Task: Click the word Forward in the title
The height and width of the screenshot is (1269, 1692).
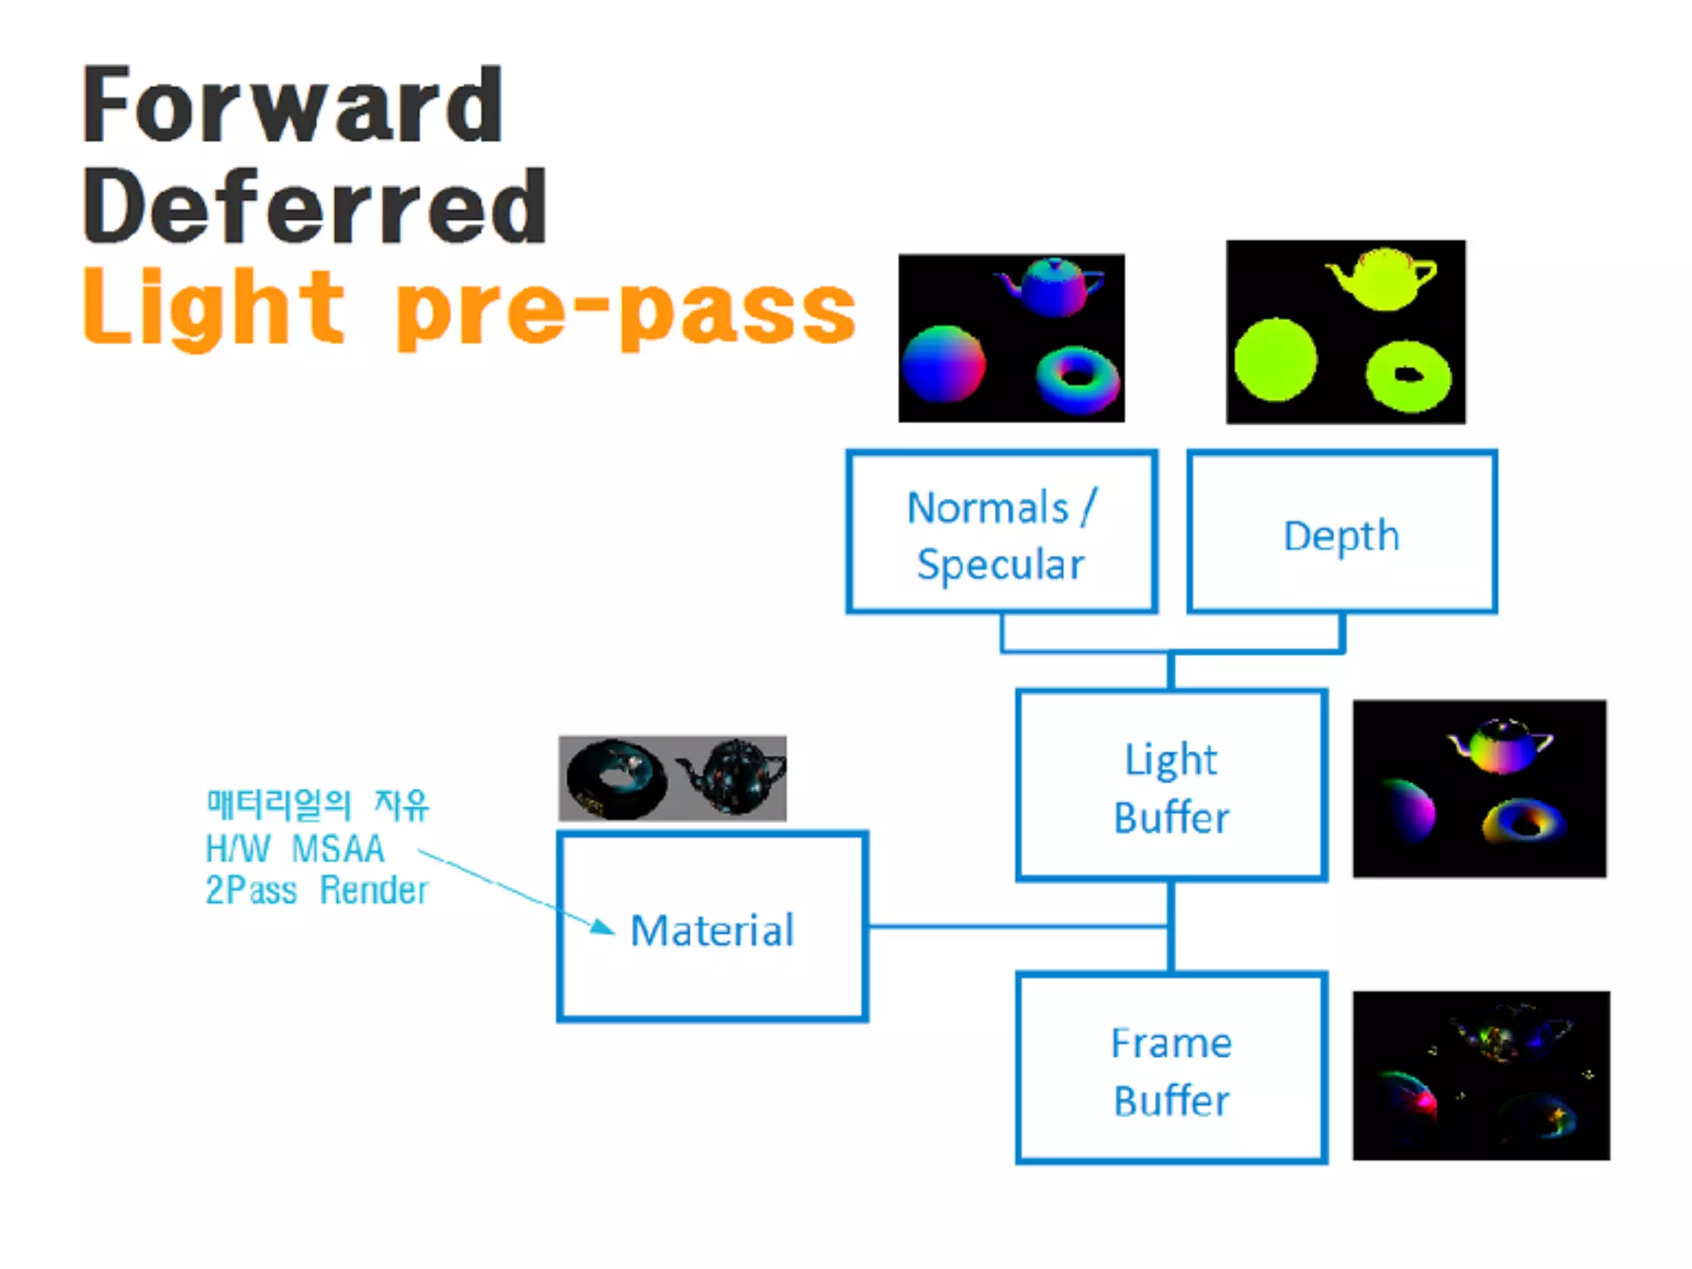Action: [293, 105]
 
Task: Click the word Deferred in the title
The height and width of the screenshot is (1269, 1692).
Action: [314, 206]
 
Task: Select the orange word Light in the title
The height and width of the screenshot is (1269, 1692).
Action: [213, 307]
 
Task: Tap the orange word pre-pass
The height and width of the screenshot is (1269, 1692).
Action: [626, 310]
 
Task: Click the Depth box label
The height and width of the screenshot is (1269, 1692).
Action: [1342, 535]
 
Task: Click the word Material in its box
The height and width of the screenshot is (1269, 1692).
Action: [712, 930]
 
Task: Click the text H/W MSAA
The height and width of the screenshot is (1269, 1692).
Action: [295, 848]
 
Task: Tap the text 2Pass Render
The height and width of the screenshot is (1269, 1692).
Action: [316, 891]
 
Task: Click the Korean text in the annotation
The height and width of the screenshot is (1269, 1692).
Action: [317, 805]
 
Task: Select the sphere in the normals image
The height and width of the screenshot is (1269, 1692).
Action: [943, 364]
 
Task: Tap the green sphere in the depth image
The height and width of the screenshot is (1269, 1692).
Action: [1275, 360]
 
